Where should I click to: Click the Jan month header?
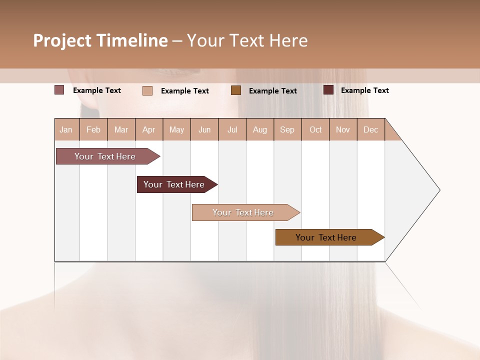(x=66, y=129)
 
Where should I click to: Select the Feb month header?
(x=93, y=129)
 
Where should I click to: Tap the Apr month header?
(x=149, y=129)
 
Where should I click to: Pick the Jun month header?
(x=204, y=129)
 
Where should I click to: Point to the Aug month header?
(x=260, y=129)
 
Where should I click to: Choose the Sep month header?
(x=287, y=129)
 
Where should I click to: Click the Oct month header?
(x=315, y=129)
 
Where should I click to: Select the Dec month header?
(x=371, y=129)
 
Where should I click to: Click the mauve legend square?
(x=59, y=90)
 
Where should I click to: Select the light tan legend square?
(x=147, y=90)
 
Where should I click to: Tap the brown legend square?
(x=236, y=90)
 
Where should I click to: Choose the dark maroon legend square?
(x=328, y=90)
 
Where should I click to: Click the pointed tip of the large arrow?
(x=438, y=190)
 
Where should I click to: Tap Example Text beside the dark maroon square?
(x=365, y=90)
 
